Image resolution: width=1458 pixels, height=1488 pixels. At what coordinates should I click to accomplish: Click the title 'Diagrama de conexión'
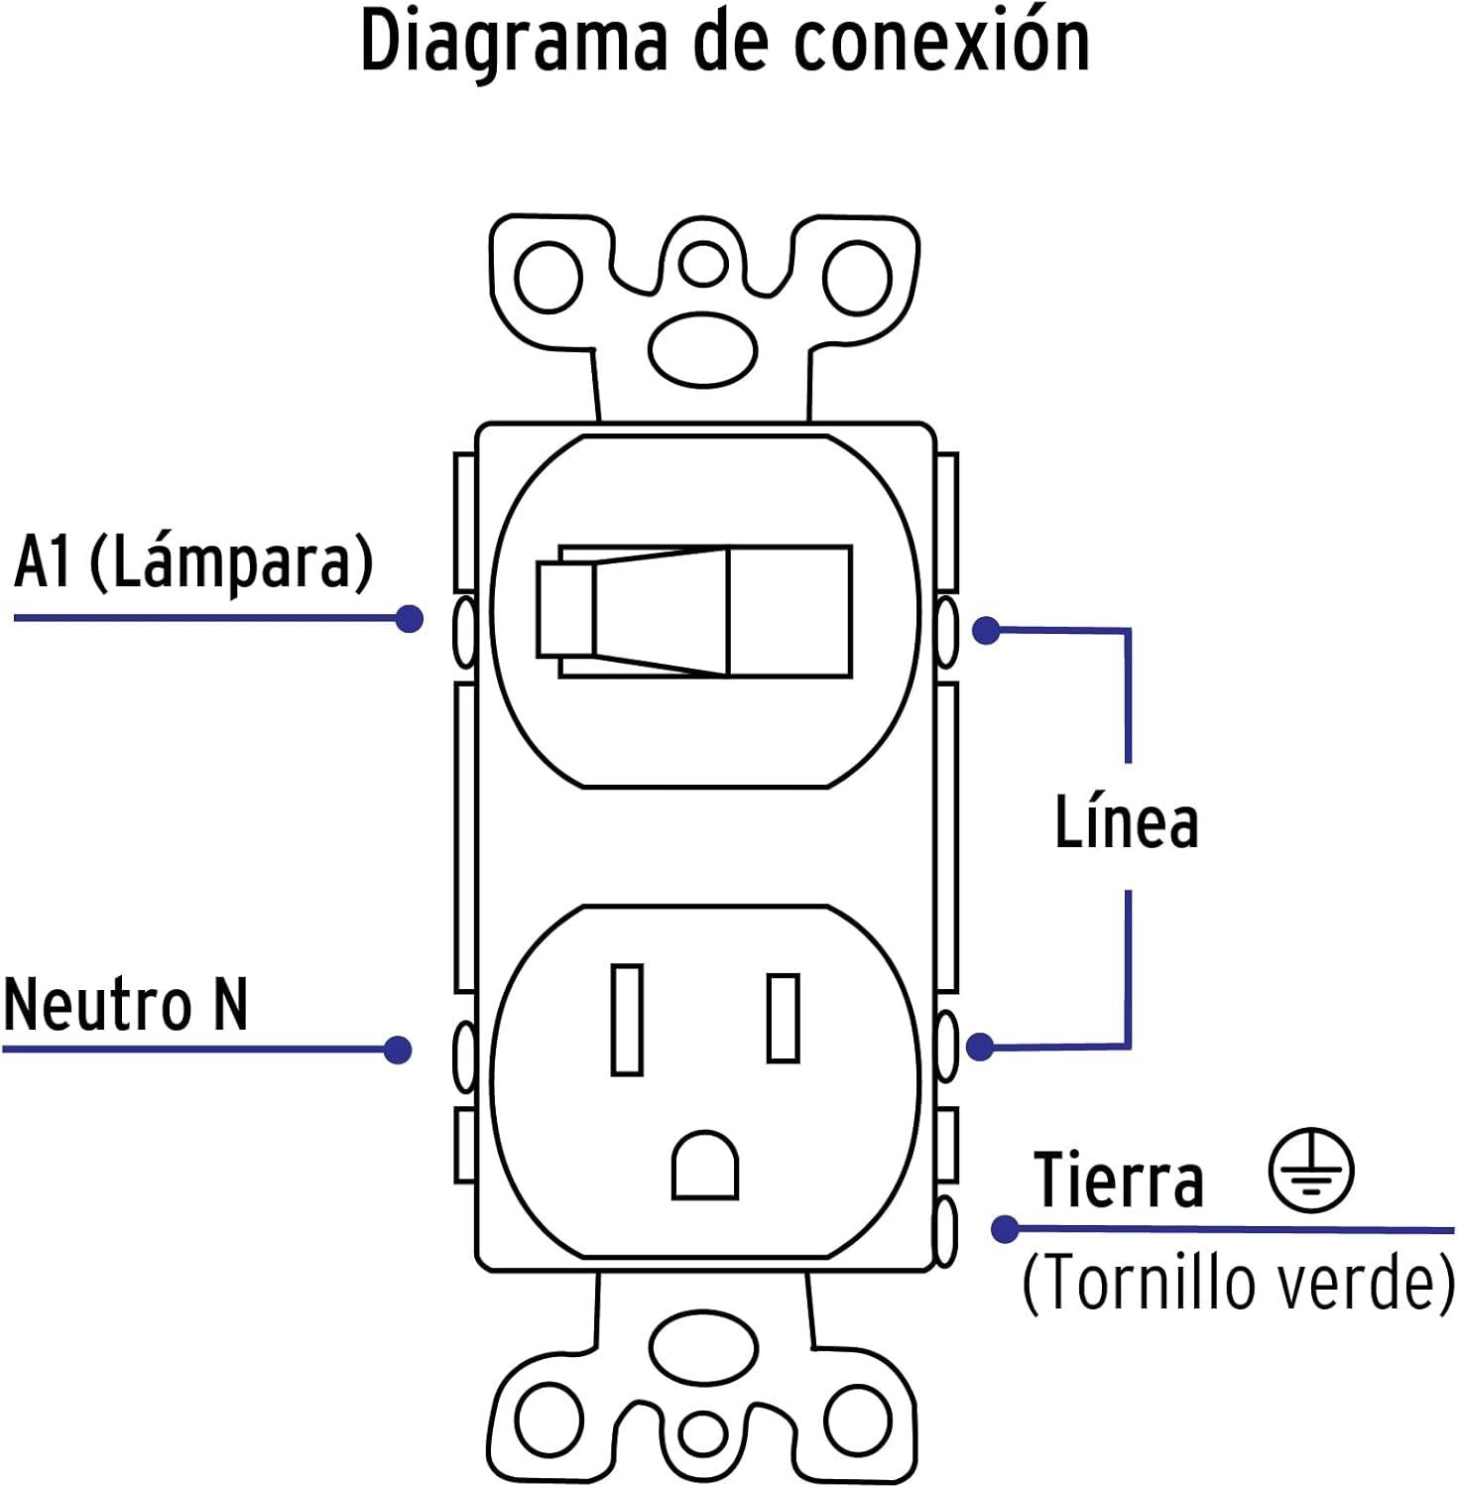pos(725,42)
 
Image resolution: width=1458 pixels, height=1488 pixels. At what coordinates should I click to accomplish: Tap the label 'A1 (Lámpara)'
pos(193,561)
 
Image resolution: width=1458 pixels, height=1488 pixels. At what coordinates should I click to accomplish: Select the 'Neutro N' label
pos(125,1005)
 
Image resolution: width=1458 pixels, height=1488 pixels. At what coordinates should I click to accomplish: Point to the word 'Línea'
pos(1126,823)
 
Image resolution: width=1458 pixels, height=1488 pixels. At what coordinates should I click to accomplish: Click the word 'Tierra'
pos(1118,1180)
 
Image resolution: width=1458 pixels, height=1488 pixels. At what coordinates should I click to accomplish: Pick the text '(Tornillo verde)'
pos(1238,1283)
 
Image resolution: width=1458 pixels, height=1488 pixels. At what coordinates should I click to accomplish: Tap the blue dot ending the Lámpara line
pos(409,619)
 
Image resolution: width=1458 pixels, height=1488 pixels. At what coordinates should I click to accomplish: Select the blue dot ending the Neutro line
pos(398,1050)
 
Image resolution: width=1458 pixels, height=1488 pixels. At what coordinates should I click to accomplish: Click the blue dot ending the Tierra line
pos(1005,1229)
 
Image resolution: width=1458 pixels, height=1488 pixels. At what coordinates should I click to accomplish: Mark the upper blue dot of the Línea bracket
pos(986,630)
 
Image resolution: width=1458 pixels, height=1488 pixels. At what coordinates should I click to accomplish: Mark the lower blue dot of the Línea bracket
pos(980,1047)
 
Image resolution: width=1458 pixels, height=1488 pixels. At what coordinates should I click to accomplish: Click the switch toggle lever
pos(694,611)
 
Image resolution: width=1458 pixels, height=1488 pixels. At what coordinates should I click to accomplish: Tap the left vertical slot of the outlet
pos(627,1020)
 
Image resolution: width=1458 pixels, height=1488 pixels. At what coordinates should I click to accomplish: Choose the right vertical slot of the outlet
pos(784,1019)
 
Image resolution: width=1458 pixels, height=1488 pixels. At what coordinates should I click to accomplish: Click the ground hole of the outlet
pos(705,1167)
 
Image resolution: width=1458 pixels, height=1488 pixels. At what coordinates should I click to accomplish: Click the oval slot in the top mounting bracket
pos(703,349)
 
